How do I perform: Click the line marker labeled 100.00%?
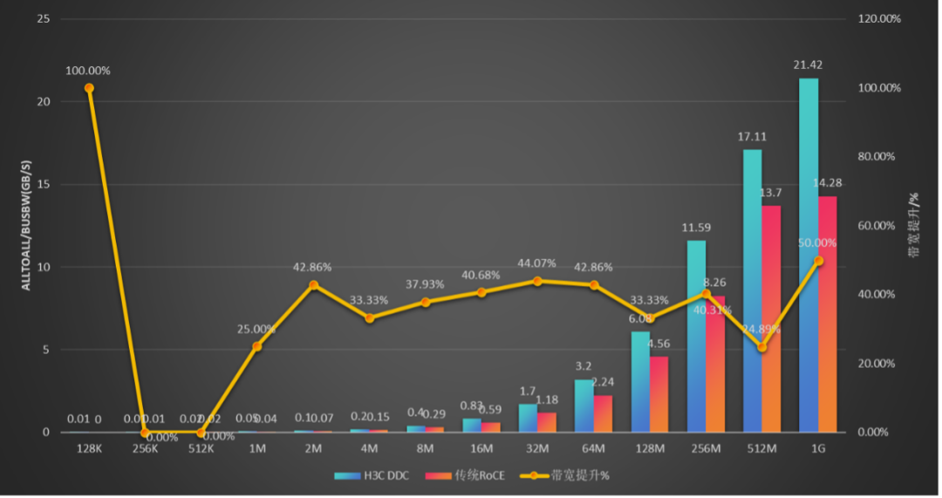coord(89,88)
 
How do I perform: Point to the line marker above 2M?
coord(313,284)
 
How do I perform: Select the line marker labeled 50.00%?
coord(818,260)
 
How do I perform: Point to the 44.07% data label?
coord(537,263)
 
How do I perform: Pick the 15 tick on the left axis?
coord(44,184)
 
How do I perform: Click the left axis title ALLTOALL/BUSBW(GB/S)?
coord(25,224)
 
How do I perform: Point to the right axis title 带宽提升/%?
coord(915,225)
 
